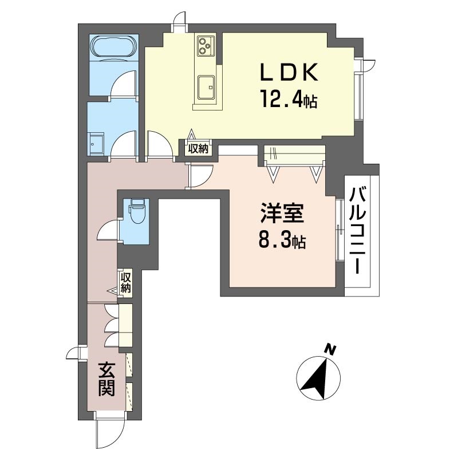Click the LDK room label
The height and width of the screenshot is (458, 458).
289,74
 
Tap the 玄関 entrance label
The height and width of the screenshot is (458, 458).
106,378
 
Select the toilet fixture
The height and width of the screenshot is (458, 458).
136,212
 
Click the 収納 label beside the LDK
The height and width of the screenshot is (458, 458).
199,148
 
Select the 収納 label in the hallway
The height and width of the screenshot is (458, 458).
126,282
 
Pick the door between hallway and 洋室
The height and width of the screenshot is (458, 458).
201,175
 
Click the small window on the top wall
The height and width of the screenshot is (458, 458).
181,20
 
